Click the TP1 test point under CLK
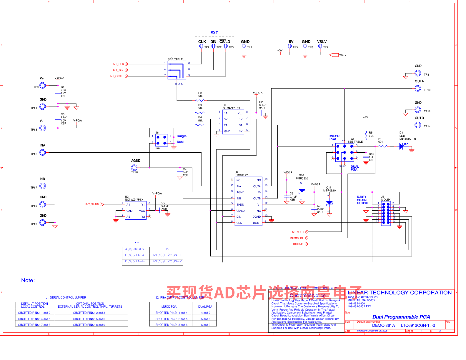tap(201, 46)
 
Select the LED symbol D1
tap(402, 146)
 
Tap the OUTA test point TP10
tap(418, 88)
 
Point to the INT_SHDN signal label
tap(92, 204)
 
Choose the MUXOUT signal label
tap(298, 232)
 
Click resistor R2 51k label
tap(200, 94)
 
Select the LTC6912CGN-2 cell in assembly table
tap(167, 261)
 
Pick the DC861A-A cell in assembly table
tap(135, 255)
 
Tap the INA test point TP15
tap(43, 152)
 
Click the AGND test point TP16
tap(134, 168)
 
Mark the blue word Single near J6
tap(182, 136)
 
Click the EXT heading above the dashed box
tap(214, 33)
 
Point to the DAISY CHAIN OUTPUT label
tap(362, 200)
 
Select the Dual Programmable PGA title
tap(401, 317)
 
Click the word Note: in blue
tap(28, 280)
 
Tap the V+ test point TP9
tap(43, 85)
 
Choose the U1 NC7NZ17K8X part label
tap(231, 107)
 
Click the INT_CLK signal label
tap(118, 64)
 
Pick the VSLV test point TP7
tap(320, 46)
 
